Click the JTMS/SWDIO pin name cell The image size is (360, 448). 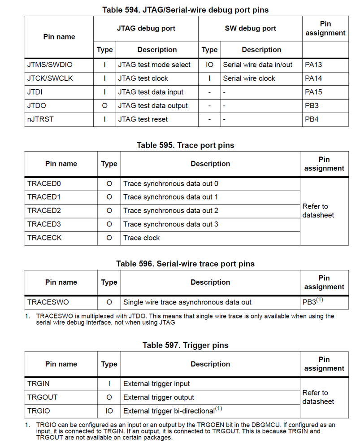[50, 65]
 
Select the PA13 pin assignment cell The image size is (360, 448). [313, 65]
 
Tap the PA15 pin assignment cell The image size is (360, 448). [313, 92]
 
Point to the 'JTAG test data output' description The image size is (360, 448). [153, 106]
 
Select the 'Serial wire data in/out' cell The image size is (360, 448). [258, 65]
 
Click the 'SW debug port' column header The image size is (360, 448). [250, 28]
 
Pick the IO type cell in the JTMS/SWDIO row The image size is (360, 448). [209, 65]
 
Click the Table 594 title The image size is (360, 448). [186, 9]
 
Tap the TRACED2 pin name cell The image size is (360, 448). [44, 211]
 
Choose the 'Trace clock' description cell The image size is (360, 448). [142, 238]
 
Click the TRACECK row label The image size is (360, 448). [44, 238]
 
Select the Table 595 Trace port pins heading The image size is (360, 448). [185, 145]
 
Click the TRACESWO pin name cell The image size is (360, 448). [48, 302]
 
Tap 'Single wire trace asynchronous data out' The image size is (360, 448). [187, 302]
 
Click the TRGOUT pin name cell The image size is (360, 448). [43, 397]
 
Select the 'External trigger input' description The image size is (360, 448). [156, 384]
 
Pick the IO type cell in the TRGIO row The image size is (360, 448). [109, 411]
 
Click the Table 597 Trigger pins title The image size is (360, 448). [185, 345]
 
